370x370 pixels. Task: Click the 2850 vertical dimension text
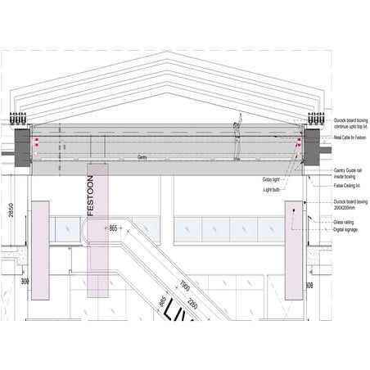(x=10, y=211)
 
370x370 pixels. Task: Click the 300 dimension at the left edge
(x=10, y=282)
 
